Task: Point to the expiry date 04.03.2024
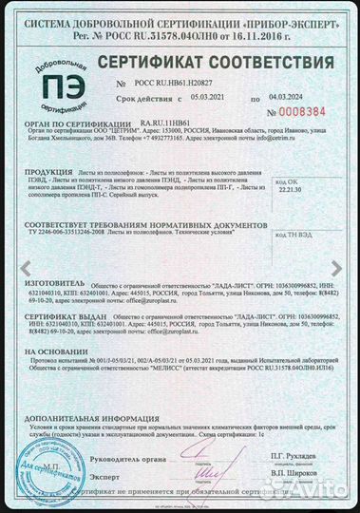coord(288,97)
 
